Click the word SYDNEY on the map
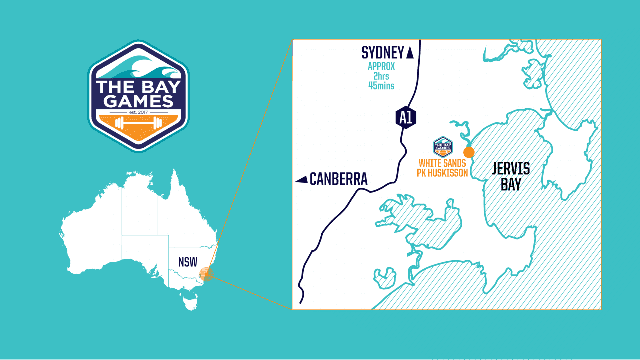(x=383, y=52)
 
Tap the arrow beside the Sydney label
(x=410, y=53)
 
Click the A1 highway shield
(x=406, y=117)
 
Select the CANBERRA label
(x=339, y=179)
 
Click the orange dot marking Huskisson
(x=469, y=152)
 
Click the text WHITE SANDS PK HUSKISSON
(x=442, y=168)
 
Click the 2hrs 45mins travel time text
(x=381, y=81)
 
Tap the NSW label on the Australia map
(x=188, y=262)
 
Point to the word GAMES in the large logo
(x=136, y=102)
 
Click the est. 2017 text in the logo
(x=136, y=112)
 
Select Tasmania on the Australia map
(x=189, y=302)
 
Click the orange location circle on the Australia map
(x=206, y=274)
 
